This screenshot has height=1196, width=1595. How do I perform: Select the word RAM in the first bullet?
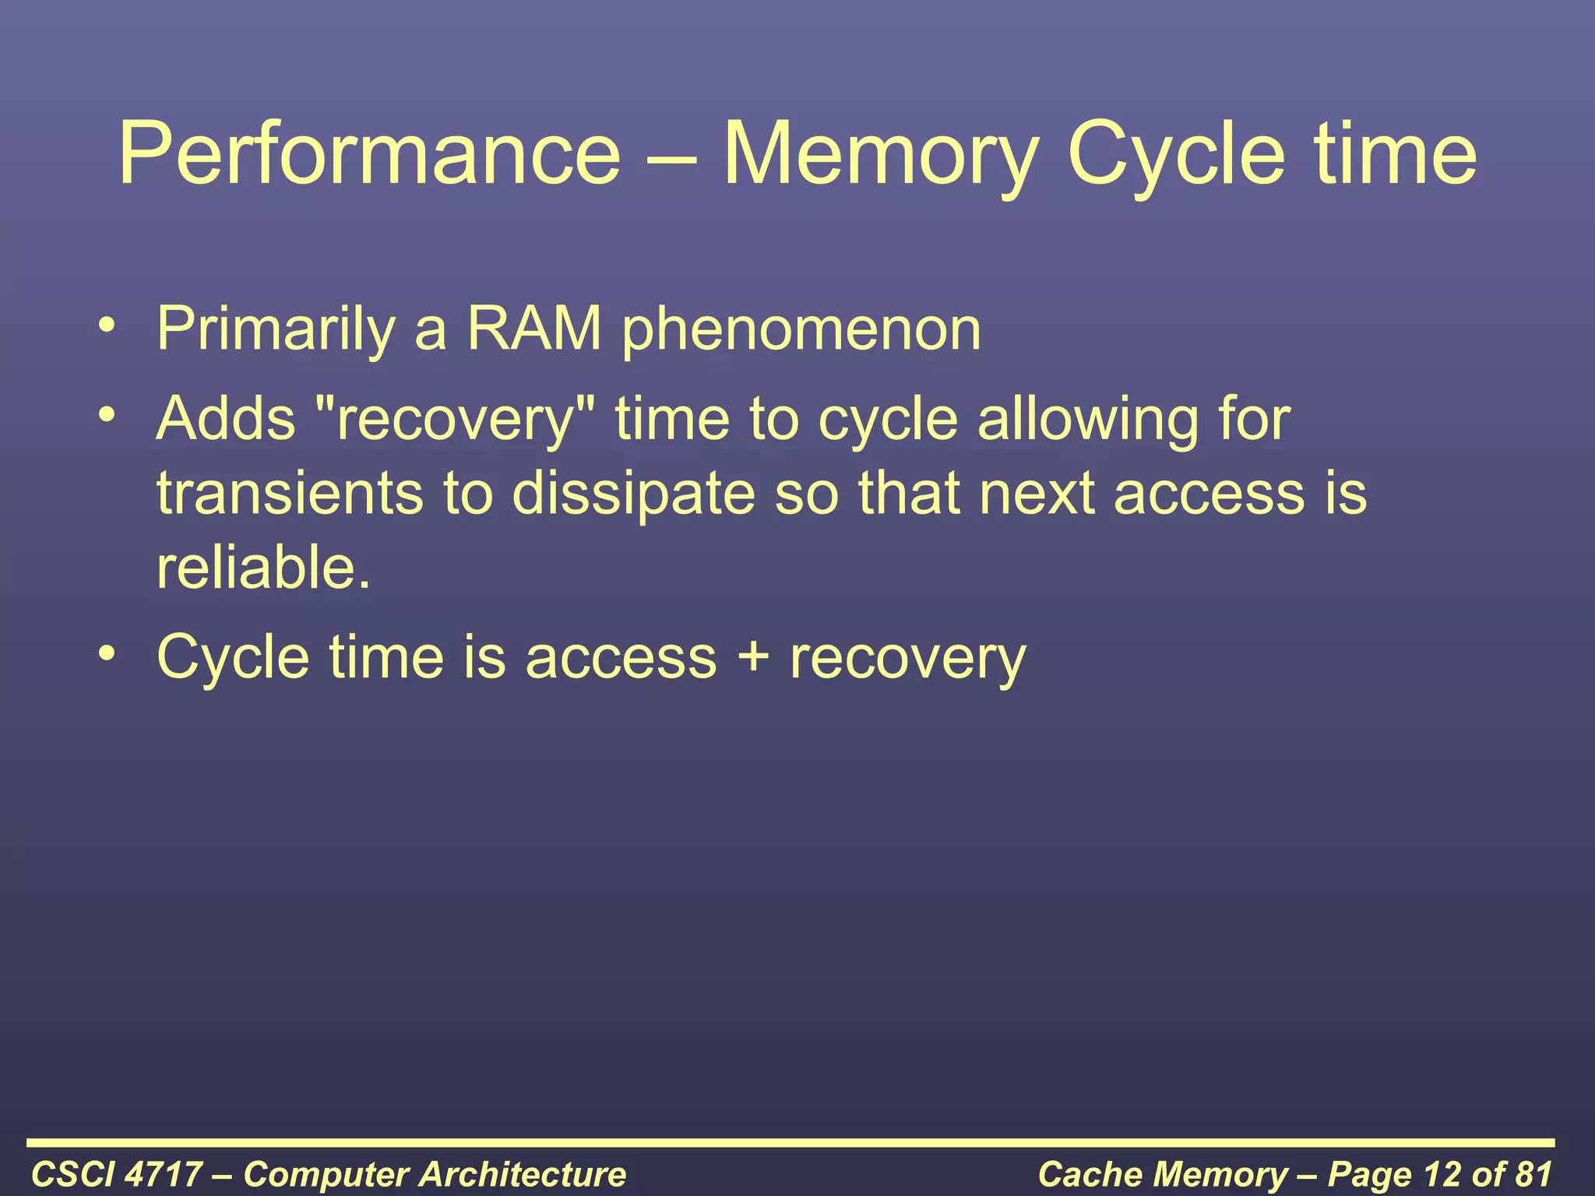point(534,329)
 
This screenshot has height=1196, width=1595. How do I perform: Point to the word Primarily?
point(276,329)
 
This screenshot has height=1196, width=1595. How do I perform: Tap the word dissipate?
point(633,495)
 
